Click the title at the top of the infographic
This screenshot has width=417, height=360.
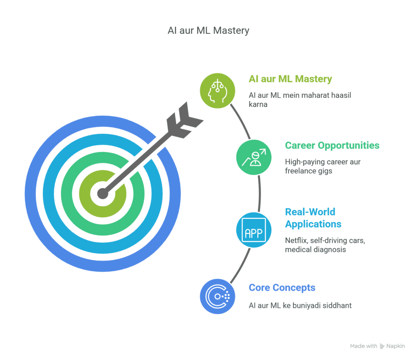208,31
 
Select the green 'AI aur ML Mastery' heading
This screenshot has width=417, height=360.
290,79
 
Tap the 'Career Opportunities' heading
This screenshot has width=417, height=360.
332,145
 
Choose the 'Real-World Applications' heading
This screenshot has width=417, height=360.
313,218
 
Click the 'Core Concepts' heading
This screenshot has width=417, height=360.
282,287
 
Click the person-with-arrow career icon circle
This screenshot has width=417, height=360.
254,157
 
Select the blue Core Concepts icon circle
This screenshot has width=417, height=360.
217,296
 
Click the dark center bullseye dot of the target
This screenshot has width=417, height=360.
103,193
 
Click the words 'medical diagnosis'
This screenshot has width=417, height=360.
315,249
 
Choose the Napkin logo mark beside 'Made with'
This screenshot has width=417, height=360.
382,346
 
